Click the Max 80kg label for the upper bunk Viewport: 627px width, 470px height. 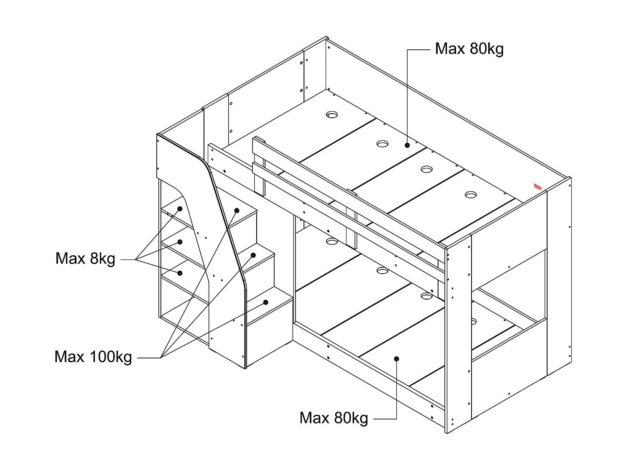pos(469,49)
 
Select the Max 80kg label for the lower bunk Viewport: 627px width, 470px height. pos(334,418)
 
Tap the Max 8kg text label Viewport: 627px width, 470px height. pos(85,259)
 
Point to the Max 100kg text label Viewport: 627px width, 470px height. pos(93,357)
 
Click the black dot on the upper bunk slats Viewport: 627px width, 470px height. pos(407,145)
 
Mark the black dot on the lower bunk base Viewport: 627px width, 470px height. pos(397,359)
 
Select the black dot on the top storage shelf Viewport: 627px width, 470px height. pos(180,209)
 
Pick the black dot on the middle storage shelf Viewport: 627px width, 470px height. pos(180,242)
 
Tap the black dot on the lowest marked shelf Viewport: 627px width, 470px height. pos(180,273)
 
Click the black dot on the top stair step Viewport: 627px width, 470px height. pos(237,211)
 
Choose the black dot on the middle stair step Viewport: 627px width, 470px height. pos(253,255)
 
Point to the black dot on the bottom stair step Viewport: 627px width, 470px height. pos(265,302)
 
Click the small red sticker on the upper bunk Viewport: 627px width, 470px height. pos(537,187)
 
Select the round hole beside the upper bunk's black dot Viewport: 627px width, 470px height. pos(382,144)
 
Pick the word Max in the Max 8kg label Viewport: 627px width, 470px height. pos(70,259)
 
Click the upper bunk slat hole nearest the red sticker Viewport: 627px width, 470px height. pos(471,195)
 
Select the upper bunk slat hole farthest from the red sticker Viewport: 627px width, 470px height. pos(332,114)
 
